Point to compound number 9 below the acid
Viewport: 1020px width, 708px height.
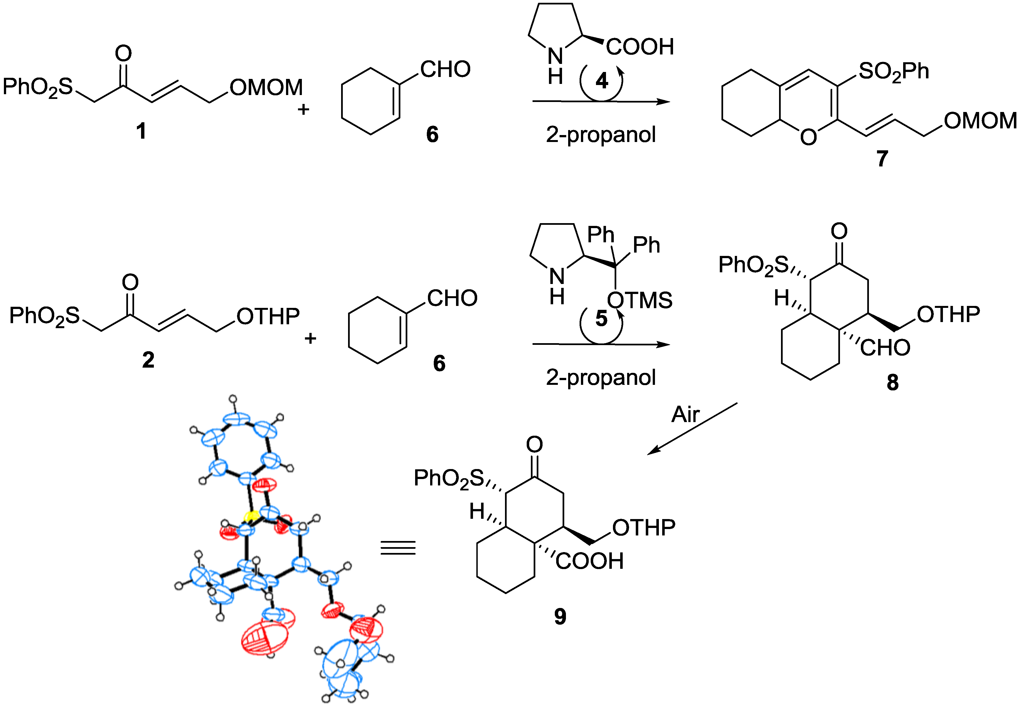[560, 616]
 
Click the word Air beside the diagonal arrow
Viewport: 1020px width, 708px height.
[685, 414]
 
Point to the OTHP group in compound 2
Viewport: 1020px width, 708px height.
[268, 316]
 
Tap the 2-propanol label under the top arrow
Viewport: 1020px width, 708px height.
[600, 134]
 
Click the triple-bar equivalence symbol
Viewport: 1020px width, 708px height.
[398, 548]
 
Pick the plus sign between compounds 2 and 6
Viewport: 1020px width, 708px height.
[310, 338]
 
